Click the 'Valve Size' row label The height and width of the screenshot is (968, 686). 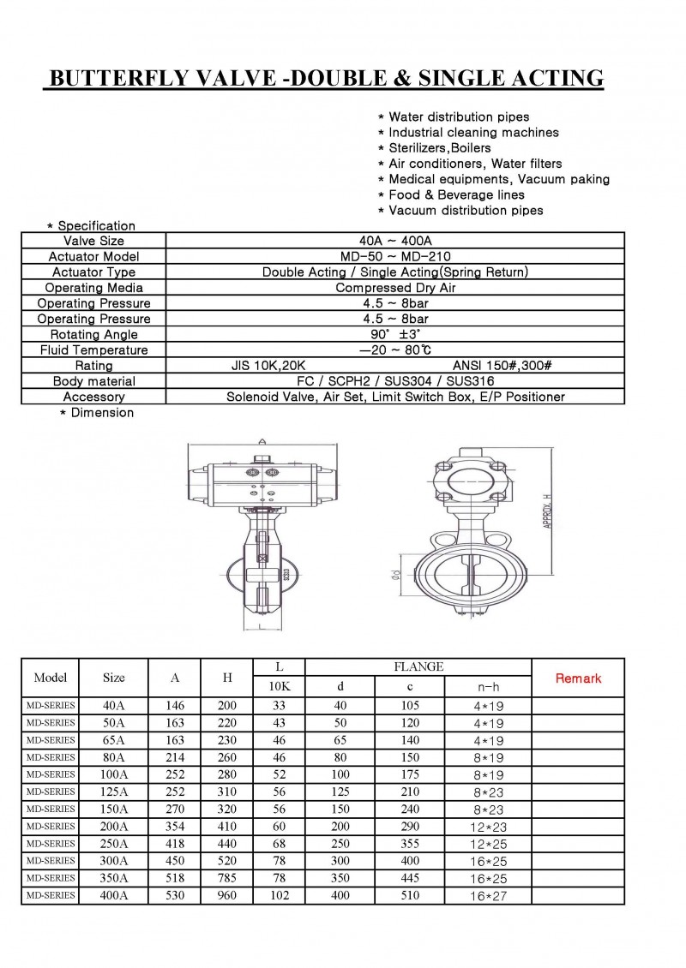(93, 241)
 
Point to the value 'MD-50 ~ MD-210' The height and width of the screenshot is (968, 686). (395, 256)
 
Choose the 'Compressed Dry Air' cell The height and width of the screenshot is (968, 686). (395, 288)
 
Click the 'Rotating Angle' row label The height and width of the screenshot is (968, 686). (93, 335)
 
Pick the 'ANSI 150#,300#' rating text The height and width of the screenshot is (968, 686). (502, 366)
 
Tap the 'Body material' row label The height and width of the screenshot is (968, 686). (93, 381)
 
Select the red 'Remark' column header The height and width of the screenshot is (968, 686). (578, 678)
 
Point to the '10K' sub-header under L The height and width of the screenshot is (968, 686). (279, 686)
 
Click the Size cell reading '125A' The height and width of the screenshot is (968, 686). (113, 792)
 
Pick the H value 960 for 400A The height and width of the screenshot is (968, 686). (227, 895)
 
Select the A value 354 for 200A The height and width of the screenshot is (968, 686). (175, 827)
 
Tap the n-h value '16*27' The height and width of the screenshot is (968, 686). (488, 896)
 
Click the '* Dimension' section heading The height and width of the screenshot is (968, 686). (96, 413)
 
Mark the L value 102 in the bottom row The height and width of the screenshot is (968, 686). (279, 895)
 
